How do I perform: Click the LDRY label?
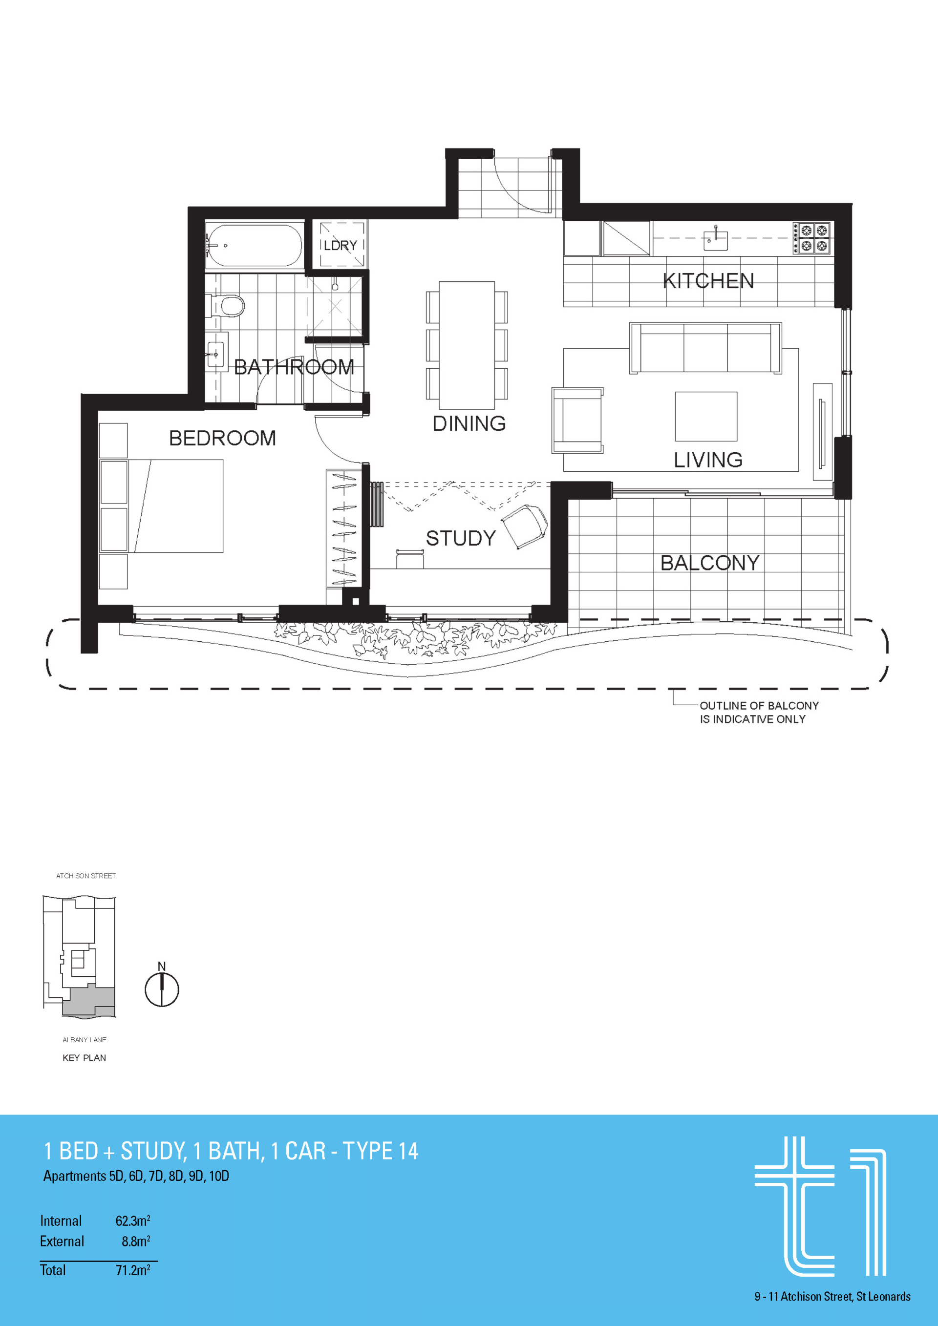(340, 246)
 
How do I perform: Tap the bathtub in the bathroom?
(254, 246)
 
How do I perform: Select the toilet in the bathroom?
(226, 306)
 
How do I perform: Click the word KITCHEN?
(708, 281)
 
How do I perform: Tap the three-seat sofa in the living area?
(705, 348)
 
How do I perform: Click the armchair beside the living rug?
(577, 420)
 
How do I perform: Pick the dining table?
(467, 345)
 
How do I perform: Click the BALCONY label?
(710, 563)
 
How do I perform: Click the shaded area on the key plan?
(88, 1003)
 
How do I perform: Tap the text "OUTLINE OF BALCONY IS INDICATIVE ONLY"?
(759, 712)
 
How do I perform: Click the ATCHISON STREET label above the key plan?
(86, 876)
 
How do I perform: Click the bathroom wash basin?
(215, 354)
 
